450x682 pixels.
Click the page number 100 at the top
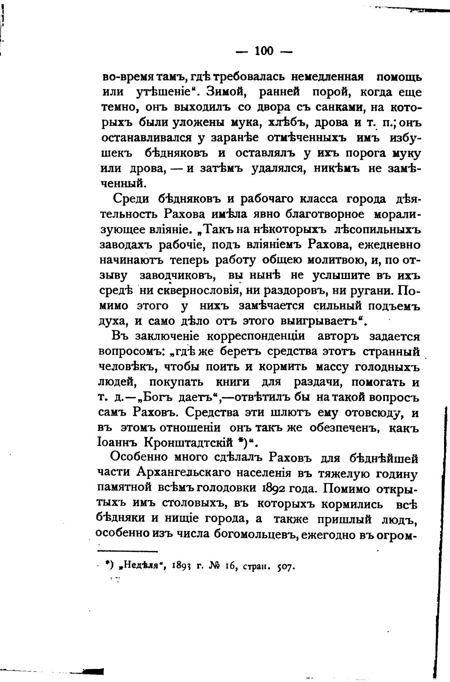point(264,51)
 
